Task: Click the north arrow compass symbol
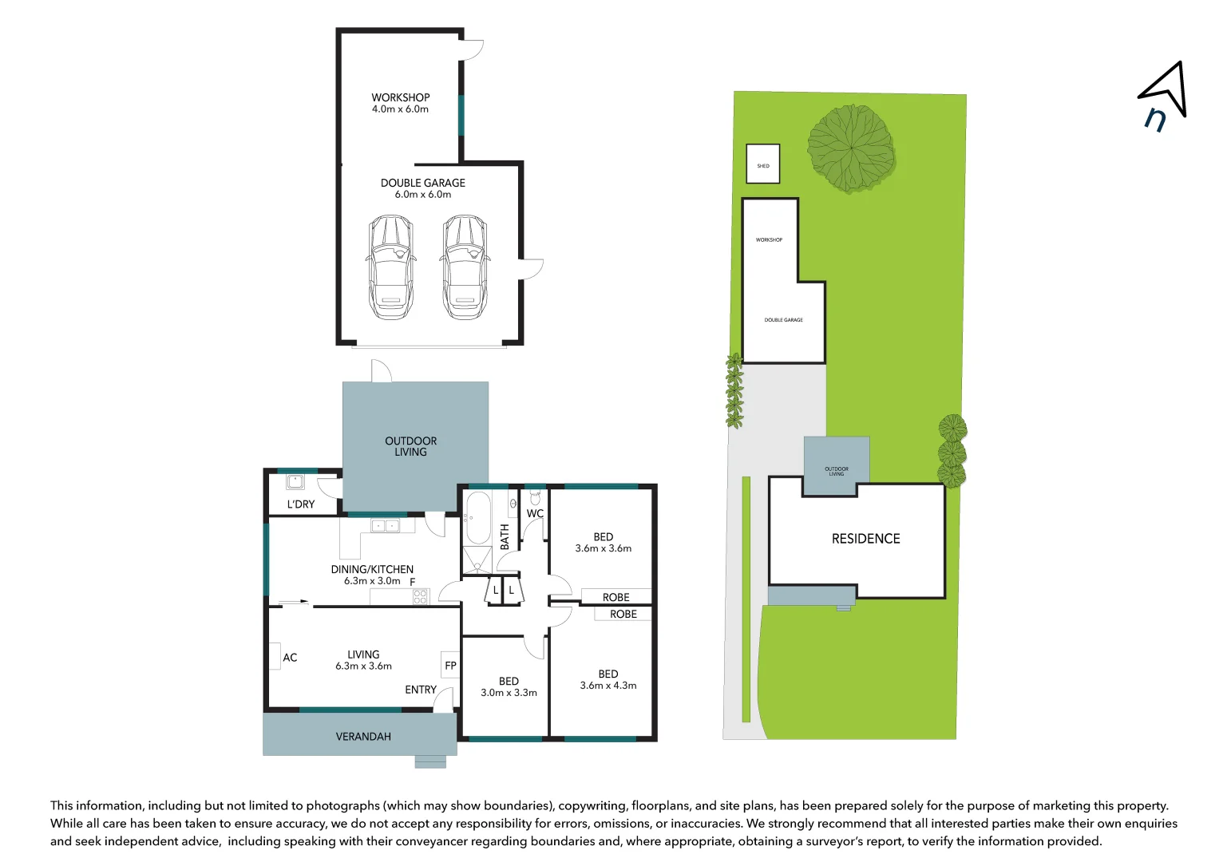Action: pos(1164,94)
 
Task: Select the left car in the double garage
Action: pos(391,267)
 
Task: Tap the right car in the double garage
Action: pos(465,267)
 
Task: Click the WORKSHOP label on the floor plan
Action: pos(400,97)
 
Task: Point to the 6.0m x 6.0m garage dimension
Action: pos(422,195)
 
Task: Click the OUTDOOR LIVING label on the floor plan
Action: pos(410,446)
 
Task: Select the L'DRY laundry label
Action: pos(301,504)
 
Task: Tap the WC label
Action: pos(535,514)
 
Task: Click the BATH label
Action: pos(505,536)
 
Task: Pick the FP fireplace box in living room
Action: pos(450,666)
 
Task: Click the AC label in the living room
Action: pos(290,658)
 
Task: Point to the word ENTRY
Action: pos(421,690)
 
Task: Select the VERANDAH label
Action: pos(363,737)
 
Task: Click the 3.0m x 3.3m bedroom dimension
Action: pos(509,693)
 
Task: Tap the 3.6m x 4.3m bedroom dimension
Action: pos(608,686)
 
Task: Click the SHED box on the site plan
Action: pos(763,164)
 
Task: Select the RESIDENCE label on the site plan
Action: pos(865,539)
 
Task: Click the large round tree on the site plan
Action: pos(850,148)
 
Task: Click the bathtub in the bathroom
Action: pos(477,518)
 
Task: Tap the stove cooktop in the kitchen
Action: pos(421,596)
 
